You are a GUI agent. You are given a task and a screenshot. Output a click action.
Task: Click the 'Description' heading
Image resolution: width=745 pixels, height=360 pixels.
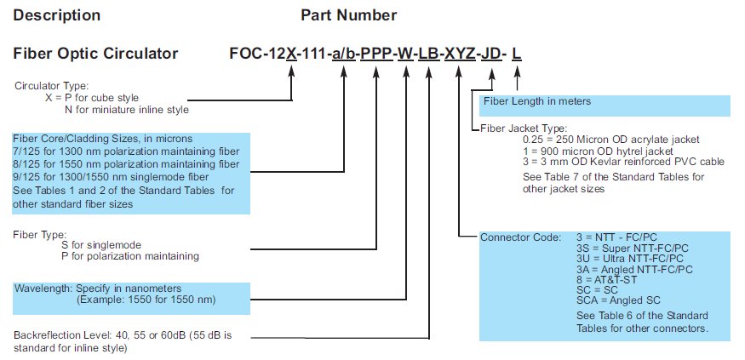(x=57, y=15)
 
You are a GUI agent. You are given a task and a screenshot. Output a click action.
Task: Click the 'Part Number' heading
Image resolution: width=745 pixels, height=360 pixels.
(x=349, y=15)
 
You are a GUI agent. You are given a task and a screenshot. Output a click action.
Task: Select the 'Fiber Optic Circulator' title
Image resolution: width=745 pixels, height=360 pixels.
(x=95, y=54)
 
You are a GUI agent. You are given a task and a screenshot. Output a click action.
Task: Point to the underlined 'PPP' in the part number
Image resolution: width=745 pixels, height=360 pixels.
(x=376, y=54)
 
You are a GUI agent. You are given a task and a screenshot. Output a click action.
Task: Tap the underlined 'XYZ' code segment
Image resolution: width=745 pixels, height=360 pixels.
(x=460, y=54)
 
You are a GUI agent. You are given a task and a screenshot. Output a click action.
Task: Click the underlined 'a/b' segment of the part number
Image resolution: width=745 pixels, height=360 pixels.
(x=343, y=54)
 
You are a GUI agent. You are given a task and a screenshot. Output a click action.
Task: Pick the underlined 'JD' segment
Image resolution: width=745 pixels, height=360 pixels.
(x=491, y=54)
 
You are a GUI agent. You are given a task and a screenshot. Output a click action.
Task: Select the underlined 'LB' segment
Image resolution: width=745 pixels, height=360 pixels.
(x=428, y=54)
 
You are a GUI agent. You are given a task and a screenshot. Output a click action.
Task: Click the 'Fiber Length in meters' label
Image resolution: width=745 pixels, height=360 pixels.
(x=537, y=101)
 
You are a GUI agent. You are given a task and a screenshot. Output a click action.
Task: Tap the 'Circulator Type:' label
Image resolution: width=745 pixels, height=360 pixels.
(x=52, y=86)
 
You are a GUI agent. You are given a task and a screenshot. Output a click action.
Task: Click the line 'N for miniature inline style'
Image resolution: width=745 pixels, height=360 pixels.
(x=126, y=110)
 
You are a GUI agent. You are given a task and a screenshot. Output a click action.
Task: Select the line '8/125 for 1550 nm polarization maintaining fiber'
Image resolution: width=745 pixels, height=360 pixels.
(x=126, y=164)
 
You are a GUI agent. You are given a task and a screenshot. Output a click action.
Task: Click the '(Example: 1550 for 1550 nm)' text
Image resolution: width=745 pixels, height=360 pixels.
(x=146, y=300)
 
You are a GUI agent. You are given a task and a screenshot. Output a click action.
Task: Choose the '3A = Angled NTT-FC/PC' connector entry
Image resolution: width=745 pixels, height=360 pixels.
(x=634, y=270)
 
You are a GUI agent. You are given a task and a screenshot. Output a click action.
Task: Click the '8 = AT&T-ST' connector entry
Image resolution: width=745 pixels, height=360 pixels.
(x=607, y=280)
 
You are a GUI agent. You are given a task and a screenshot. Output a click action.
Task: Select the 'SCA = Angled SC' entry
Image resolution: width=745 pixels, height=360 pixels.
(x=618, y=300)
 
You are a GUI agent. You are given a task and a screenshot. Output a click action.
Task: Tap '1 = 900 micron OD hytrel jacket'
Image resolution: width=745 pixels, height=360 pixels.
(x=598, y=151)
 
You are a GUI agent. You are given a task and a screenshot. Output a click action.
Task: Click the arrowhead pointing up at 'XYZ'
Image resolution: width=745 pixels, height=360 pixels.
(x=459, y=72)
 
